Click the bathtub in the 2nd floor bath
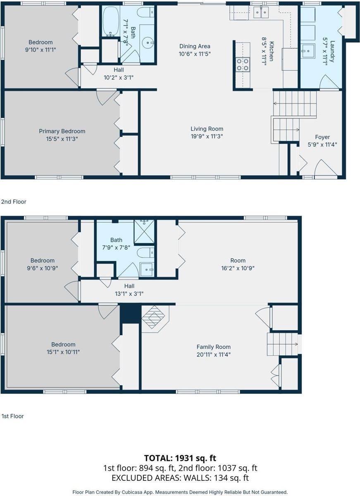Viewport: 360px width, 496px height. point(111,21)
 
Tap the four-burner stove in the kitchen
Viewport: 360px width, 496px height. point(243,64)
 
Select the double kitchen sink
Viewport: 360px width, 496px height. point(261,12)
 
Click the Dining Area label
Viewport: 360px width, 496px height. point(195,46)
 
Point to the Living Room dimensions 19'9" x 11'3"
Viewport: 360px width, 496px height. point(207,136)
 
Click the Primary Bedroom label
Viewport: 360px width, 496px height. point(62,131)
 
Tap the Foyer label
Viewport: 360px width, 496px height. point(322,137)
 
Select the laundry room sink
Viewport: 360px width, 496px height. point(308,51)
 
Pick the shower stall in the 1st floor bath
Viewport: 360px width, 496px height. point(144,231)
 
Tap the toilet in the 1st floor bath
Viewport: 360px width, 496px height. point(145,253)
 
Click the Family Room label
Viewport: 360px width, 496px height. point(213,347)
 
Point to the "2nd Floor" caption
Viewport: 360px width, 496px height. point(14,202)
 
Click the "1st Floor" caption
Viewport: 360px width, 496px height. point(13,416)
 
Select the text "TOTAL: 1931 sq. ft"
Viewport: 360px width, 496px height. point(180,458)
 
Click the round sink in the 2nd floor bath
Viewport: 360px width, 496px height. point(147,42)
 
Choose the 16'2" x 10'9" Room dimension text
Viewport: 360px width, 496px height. point(238,268)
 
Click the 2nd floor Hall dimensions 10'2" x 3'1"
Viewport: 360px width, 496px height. point(119,78)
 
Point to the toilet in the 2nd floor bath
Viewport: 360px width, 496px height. point(145,12)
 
